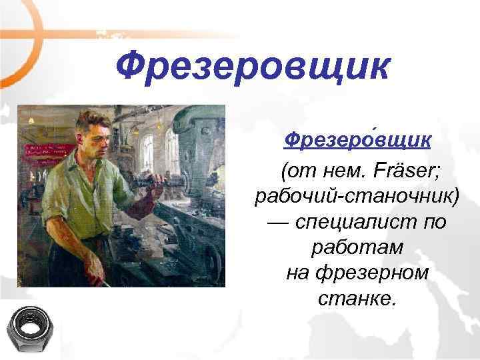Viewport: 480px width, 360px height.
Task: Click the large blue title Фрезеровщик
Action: [251, 67]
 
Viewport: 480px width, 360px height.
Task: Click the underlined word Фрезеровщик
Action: [357, 141]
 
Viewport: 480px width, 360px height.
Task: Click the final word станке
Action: [357, 298]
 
